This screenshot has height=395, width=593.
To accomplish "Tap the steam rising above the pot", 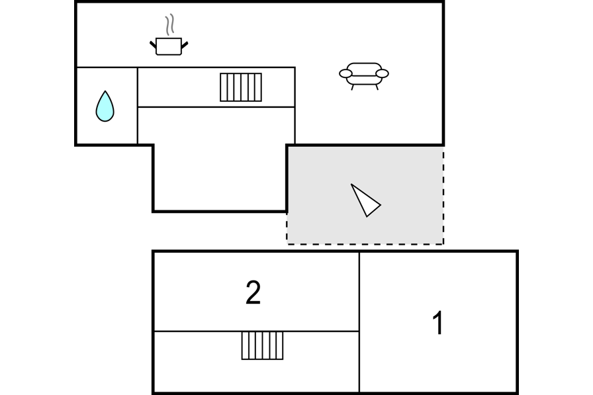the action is pos(170,24).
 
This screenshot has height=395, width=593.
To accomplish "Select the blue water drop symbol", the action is pos(105,107).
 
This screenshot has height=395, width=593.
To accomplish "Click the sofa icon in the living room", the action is pos(364,76).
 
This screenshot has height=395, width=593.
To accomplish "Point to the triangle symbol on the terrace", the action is pos(365,200).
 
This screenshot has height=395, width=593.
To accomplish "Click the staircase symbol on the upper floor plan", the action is pos(241,87).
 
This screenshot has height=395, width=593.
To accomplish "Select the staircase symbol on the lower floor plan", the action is pos(263,345).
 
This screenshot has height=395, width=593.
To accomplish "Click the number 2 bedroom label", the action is pos(253,292).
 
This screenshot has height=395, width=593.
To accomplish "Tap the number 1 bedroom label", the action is pos(438,322).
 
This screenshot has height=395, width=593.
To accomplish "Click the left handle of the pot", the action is pos(153,45).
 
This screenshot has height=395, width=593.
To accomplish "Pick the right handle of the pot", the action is pos(185,45).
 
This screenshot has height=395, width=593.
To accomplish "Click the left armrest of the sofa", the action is pos(345,73).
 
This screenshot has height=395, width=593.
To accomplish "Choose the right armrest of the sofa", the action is pos(382,73).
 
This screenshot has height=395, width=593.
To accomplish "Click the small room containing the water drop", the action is pos(107,106).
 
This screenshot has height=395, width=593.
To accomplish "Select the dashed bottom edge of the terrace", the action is pos(365,243).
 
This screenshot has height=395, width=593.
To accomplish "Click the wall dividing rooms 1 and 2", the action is pos(359,322).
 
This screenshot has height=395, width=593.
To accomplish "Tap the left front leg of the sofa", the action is pos(353,87).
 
